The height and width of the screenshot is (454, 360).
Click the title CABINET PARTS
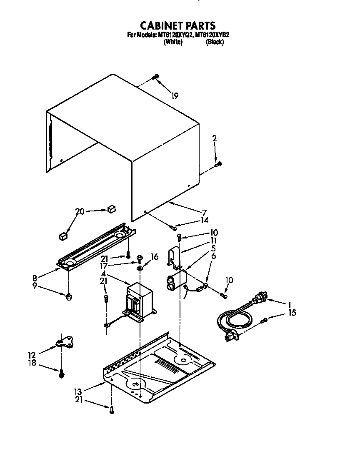click(177, 25)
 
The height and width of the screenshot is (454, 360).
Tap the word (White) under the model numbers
click(173, 42)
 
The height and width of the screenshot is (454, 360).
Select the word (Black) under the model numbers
click(215, 42)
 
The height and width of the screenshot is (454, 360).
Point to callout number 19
click(175, 96)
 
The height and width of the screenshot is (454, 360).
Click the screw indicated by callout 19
click(155, 76)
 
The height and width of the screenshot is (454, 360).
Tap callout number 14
click(203, 221)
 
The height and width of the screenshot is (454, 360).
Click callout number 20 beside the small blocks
click(80, 211)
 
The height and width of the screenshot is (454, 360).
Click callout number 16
click(154, 257)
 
